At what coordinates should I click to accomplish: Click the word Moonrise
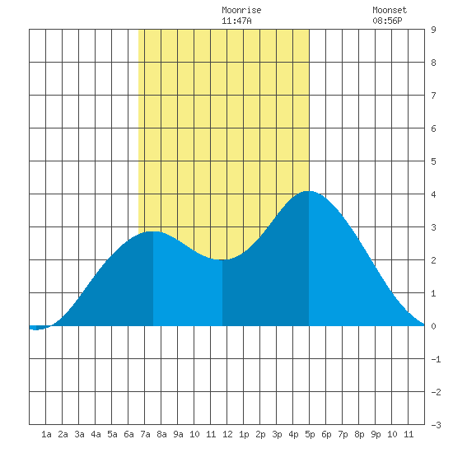pos(241,10)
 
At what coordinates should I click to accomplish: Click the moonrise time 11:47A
pos(236,21)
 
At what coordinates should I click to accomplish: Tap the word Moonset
pos(390,10)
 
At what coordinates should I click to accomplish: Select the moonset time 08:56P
pos(387,21)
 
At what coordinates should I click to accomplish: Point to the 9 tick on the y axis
pos(433,30)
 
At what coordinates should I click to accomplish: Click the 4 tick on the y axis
pos(433,194)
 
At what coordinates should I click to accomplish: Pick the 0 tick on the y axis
pos(433,326)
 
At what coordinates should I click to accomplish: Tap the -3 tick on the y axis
pos(437,425)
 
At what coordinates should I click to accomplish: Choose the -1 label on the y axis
pos(437,359)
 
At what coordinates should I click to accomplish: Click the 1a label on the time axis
pos(46,434)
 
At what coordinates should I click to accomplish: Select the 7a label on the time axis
pos(145,434)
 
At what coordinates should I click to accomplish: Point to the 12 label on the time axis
pos(227,434)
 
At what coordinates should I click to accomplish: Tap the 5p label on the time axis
pos(310,434)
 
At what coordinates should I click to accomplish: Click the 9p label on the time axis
pos(376,434)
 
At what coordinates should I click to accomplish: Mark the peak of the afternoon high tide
pos(309,191)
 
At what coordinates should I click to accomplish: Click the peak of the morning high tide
pos(153,231)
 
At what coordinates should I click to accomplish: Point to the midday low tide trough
pos(222,259)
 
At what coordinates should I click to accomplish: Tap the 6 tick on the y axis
pos(433,128)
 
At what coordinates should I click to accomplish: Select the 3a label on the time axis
pos(79,434)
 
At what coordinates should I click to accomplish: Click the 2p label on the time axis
pos(260,434)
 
